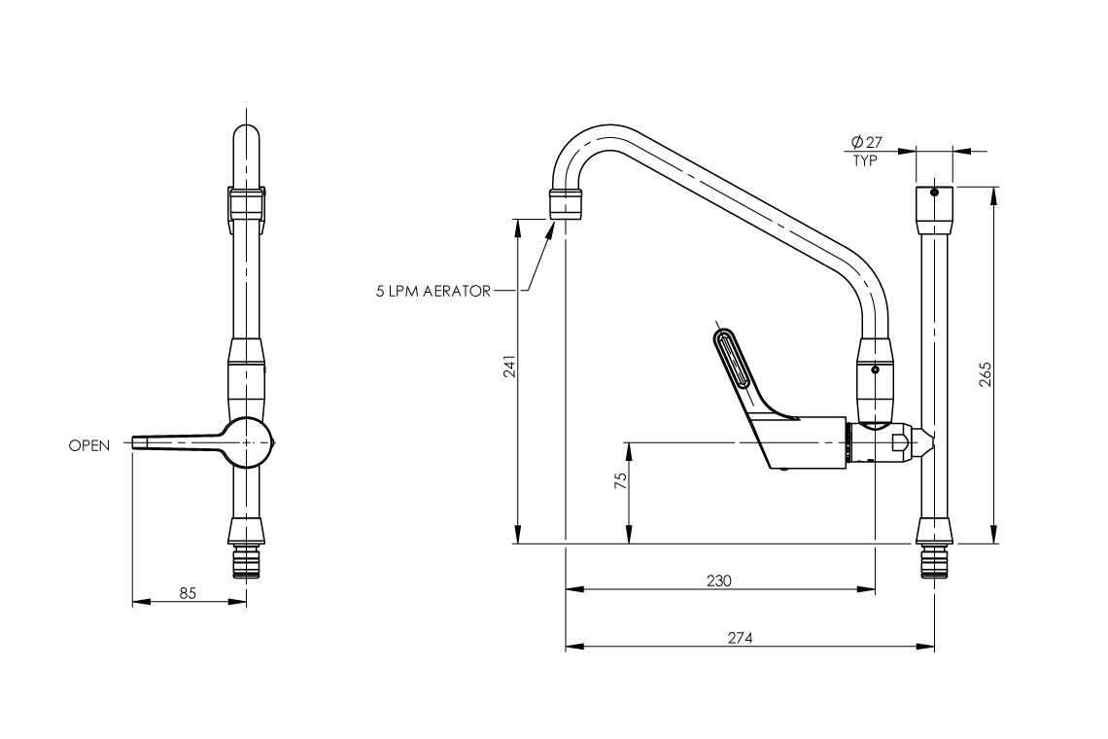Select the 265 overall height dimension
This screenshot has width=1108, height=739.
coord(984,375)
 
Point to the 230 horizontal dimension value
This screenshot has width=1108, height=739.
coord(718,580)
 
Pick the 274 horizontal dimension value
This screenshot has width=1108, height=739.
coord(740,638)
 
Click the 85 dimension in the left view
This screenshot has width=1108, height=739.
coord(188,592)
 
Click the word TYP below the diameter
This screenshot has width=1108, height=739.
coord(864,161)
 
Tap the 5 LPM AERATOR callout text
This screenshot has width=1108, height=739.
coord(433,291)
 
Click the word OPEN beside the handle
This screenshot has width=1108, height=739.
coord(89,445)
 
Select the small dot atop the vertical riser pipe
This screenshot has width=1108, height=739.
coord(934,193)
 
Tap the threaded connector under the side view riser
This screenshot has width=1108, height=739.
coord(934,563)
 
